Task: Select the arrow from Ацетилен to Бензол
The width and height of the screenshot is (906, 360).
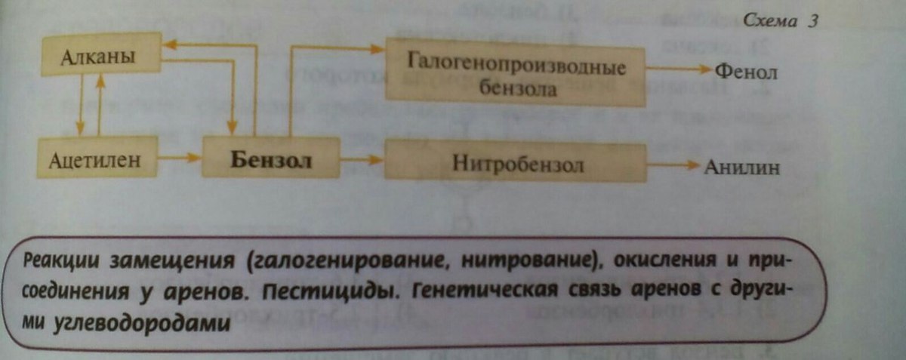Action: [180, 158]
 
